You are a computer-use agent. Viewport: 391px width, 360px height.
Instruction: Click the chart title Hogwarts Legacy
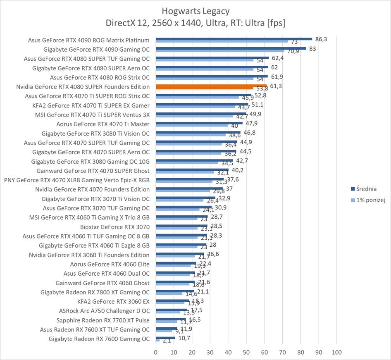[x=195, y=11]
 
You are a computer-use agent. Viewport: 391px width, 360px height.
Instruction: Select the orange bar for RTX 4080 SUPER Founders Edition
[x=211, y=86]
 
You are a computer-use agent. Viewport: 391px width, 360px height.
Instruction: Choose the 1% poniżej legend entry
[x=369, y=200]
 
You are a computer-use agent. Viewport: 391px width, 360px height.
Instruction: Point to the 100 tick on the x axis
[x=336, y=352]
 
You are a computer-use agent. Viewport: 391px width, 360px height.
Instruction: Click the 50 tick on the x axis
[x=246, y=352]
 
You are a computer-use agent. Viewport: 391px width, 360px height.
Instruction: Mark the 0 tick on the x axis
[x=156, y=352]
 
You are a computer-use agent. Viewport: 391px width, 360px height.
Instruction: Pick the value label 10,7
[x=185, y=338]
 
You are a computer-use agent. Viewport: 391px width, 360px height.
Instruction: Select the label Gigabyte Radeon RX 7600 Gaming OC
[x=99, y=339]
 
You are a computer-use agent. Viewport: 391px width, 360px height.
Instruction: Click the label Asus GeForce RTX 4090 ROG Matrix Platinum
[x=88, y=40]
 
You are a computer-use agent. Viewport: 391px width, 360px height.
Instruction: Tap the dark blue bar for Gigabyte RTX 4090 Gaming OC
[x=231, y=48]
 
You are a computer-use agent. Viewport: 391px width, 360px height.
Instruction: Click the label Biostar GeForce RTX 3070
[x=115, y=227]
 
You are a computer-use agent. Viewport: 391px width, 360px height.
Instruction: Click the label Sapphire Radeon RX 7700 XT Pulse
[x=103, y=320]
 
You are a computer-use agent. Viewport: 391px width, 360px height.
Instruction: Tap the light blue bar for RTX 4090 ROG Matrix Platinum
[x=222, y=41]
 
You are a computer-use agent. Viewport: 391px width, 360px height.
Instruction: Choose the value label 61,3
[x=275, y=86]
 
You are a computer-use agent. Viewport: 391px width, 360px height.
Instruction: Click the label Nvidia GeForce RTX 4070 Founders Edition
[x=92, y=189]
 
